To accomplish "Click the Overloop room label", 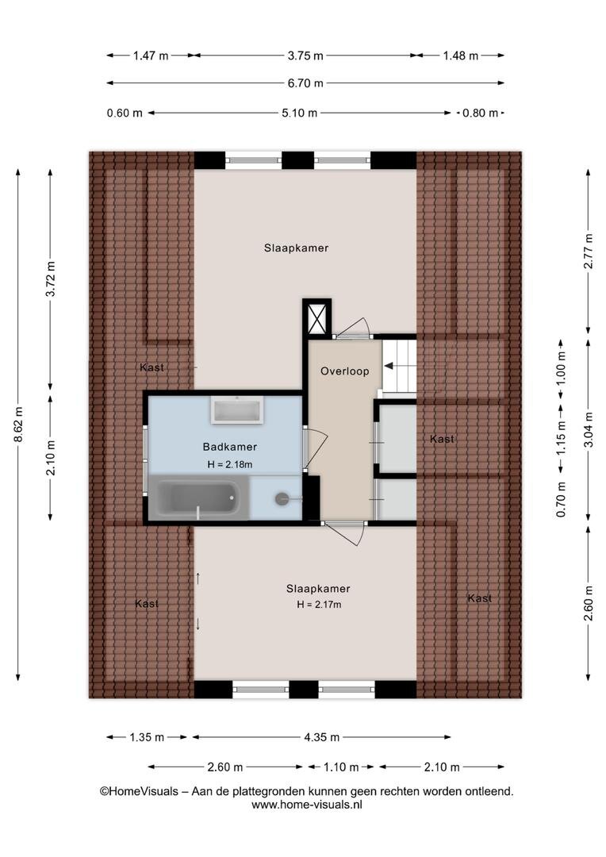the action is point(344,371).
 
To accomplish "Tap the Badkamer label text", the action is point(229,447).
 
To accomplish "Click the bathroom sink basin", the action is point(237,409).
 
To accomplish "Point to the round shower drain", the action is point(282,498).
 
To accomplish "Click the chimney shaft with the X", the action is point(317,317).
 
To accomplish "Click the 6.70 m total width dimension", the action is point(305,83).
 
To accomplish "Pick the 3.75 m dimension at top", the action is point(305,56).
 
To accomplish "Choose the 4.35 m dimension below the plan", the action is point(322,737).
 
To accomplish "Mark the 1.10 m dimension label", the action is point(341,767).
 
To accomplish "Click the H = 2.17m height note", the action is point(319,605).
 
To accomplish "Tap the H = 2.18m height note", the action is point(229,464).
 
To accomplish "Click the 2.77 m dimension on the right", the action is point(589,251).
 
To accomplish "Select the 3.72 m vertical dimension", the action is point(50,279).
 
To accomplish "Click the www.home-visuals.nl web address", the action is point(306,805).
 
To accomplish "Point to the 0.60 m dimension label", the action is point(125,113).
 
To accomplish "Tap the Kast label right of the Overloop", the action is point(442,439).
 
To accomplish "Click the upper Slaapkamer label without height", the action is point(296,248).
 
